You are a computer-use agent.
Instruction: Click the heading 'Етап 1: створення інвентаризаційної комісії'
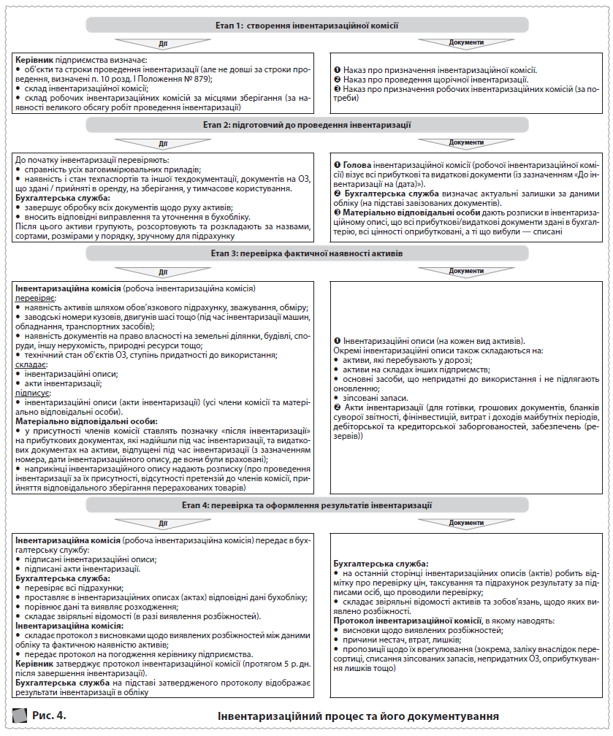click(x=306, y=25)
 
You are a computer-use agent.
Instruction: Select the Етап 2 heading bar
click(x=306, y=126)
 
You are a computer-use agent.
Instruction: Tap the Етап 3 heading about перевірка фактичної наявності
click(x=306, y=253)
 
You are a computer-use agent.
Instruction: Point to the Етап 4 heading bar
click(x=306, y=505)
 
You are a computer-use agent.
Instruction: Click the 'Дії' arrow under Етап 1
click(x=163, y=42)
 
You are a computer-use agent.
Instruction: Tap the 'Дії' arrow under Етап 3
click(x=163, y=271)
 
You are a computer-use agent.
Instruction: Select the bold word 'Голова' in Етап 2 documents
click(x=357, y=166)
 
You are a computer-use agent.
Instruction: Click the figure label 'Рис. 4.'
click(x=49, y=715)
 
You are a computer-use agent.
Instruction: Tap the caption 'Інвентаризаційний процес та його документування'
click(x=358, y=716)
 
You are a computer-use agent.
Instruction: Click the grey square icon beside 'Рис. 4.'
click(x=20, y=715)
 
